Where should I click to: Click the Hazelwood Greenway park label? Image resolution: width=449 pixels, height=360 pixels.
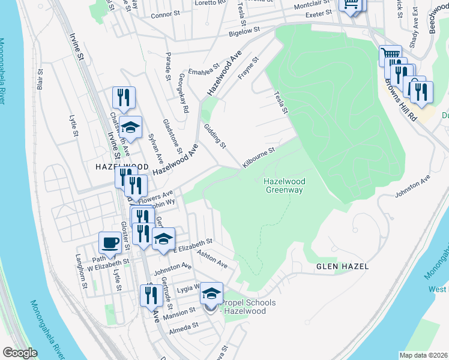tap(284, 185)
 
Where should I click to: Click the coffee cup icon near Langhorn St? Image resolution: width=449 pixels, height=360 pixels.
tap(110, 243)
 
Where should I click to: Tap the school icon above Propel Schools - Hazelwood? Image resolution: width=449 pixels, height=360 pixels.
tap(211, 293)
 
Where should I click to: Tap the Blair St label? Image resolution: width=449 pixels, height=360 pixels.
tap(41, 80)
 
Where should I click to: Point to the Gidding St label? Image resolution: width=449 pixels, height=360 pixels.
tap(214, 136)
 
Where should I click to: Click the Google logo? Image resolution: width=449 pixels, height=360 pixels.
tap(20, 353)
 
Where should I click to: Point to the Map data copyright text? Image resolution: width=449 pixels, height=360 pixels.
tap(423, 355)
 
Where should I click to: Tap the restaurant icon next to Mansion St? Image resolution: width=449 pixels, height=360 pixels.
tap(149, 295)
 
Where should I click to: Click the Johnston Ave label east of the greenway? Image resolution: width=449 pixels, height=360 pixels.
tap(412, 187)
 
